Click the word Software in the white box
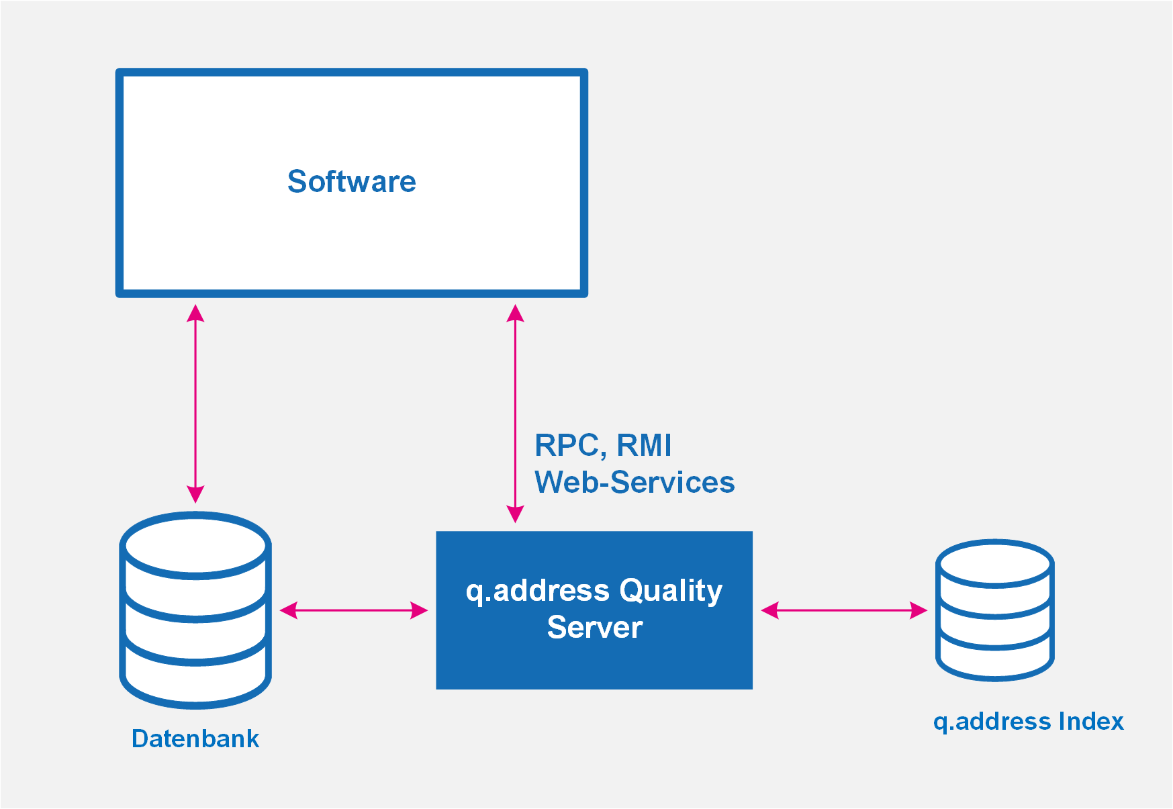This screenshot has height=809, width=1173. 352,181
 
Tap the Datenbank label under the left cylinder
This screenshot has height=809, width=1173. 195,739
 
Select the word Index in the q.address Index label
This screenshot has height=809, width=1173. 1091,721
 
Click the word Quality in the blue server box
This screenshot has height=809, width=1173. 671,591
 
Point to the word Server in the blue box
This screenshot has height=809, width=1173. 595,627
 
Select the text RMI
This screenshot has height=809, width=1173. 644,445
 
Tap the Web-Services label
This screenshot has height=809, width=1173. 635,482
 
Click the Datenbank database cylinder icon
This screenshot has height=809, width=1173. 195,610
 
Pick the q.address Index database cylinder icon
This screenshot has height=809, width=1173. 995,610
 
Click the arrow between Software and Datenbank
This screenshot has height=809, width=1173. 195,403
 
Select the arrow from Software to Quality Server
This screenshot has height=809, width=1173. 515,414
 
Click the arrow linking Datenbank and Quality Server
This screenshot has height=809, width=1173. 353,610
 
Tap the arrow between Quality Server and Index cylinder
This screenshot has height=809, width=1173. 844,610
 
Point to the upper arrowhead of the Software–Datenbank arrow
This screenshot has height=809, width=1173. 195,313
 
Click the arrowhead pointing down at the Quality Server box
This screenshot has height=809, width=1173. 515,514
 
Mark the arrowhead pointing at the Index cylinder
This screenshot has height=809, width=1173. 919,610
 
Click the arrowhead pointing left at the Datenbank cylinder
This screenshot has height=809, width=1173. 289,610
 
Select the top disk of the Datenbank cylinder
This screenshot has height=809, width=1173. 195,545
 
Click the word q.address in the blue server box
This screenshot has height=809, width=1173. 538,591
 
